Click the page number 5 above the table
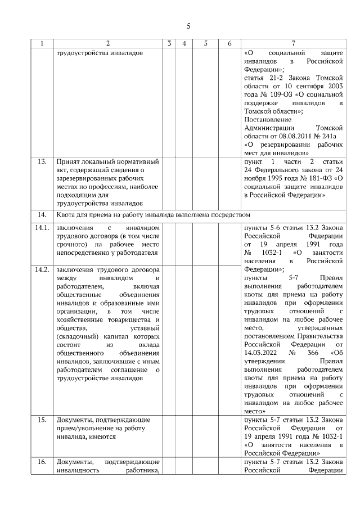point(188,25)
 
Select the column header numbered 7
point(293,43)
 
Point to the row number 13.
point(42,163)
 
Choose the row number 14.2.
point(42,269)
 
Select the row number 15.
point(42,420)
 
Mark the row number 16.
point(42,462)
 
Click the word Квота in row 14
point(67,215)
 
